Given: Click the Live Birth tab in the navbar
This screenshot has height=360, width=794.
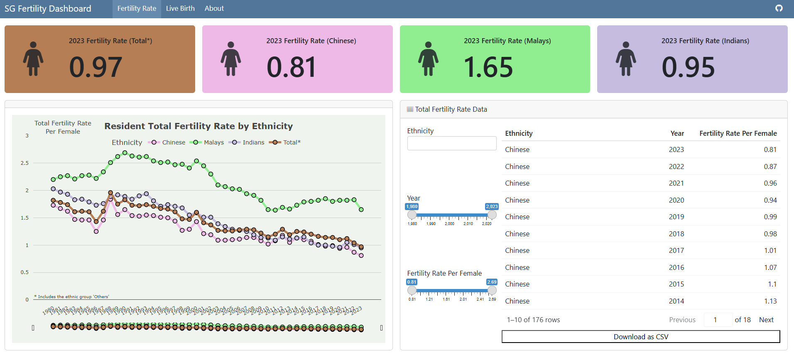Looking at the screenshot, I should point(180,8).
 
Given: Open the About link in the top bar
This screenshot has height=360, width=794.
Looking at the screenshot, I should point(214,8).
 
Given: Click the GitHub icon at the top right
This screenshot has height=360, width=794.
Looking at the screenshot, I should point(779,8).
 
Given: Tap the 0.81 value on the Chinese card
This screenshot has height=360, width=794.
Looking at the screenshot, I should point(291,67).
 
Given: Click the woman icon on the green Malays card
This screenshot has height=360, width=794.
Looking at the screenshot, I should point(428,59).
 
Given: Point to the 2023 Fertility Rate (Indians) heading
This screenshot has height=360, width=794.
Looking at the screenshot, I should point(705,41).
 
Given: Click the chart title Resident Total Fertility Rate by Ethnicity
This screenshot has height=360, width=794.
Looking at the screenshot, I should point(198,126).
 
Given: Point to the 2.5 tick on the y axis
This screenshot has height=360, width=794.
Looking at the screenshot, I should point(25,163).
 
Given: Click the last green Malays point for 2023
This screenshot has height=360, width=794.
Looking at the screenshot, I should point(361,210).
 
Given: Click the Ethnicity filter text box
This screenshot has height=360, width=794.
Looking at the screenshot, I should point(452,143).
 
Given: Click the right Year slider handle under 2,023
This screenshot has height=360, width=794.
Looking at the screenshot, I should point(492,215).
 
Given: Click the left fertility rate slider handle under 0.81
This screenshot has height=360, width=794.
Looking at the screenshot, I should point(412,290).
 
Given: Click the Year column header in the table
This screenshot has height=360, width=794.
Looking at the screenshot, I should point(677,133).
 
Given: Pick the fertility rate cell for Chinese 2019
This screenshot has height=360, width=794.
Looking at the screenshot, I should point(770,217).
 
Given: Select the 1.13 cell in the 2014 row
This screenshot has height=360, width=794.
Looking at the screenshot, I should point(770,301).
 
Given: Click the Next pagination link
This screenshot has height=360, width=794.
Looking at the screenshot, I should point(766,320).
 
